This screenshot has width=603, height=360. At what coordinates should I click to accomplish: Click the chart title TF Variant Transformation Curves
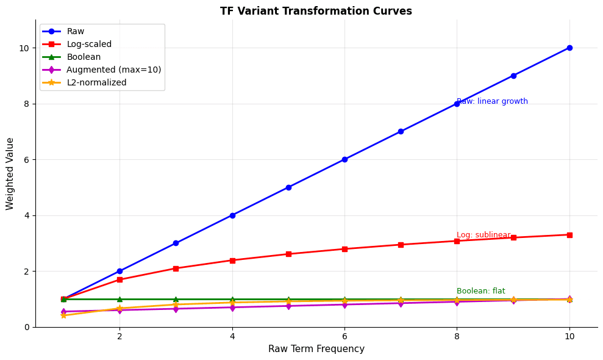click(x=316, y=11)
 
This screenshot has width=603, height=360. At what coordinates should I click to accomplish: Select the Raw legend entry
click(x=75, y=31)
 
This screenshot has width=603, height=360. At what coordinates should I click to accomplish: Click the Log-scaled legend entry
click(x=88, y=44)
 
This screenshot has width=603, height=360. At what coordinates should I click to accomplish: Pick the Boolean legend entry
click(x=83, y=57)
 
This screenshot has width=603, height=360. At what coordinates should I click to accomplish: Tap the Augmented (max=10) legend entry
click(x=113, y=70)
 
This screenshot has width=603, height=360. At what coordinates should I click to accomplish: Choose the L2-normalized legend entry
click(x=96, y=82)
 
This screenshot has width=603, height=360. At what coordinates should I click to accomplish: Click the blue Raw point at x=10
click(x=569, y=48)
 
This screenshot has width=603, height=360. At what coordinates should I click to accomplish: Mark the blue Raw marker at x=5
click(x=288, y=187)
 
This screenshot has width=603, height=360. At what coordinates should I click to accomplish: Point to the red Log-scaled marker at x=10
click(x=569, y=235)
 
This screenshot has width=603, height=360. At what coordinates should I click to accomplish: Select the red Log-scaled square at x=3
click(x=176, y=268)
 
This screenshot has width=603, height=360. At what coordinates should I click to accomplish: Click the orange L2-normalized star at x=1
click(x=63, y=315)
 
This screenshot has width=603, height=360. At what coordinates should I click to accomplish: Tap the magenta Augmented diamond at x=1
click(x=63, y=312)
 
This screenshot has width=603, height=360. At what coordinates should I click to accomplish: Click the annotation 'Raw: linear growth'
click(x=493, y=101)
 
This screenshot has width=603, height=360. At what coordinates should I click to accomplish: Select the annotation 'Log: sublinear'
click(x=483, y=235)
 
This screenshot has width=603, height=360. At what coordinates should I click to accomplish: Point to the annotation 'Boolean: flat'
click(x=480, y=291)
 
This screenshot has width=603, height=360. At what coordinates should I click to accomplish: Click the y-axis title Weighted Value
click(x=10, y=173)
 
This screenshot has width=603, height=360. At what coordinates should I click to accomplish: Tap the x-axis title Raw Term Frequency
click(x=316, y=349)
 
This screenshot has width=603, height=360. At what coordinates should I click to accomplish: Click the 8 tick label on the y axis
click(x=26, y=104)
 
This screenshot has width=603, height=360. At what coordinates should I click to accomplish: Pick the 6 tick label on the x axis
click(x=344, y=336)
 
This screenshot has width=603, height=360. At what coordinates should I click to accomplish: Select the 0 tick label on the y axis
click(x=26, y=327)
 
